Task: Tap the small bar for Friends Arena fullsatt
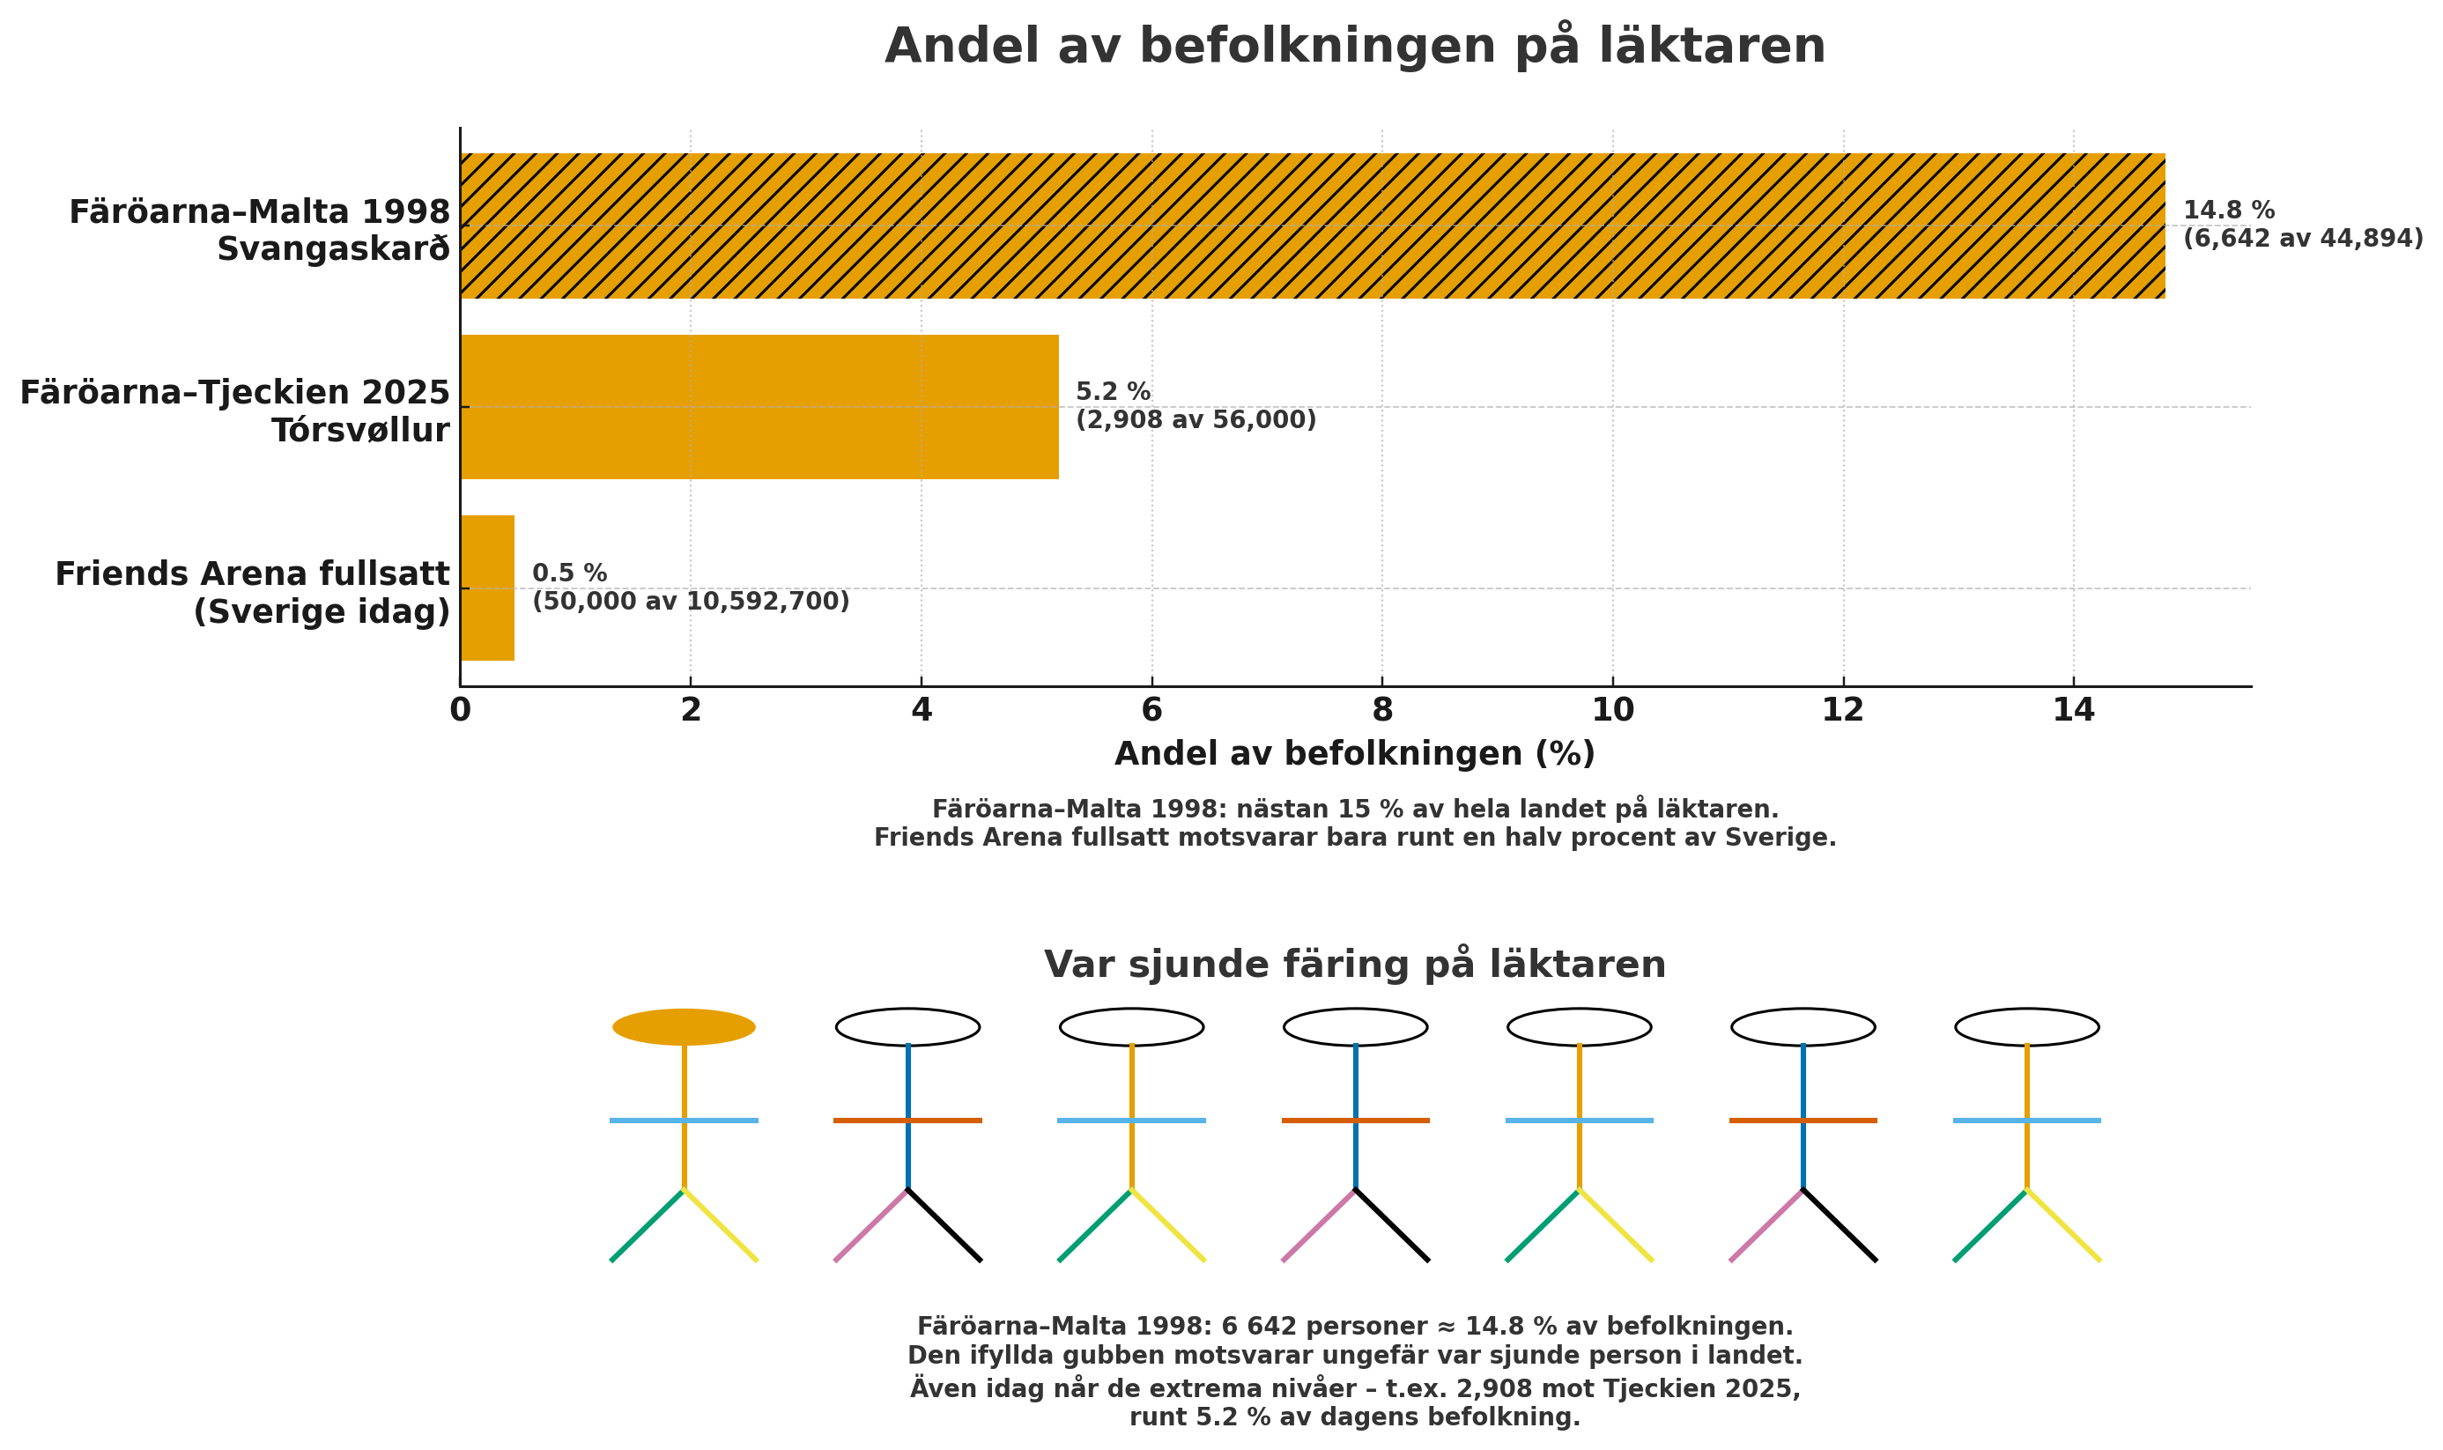(486, 588)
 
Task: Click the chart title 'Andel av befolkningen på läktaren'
(1354, 46)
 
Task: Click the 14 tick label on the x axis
(2074, 710)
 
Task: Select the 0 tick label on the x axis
(459, 710)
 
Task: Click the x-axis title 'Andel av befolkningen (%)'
(1354, 753)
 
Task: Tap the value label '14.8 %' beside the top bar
(2229, 210)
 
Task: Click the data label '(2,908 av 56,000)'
(1196, 420)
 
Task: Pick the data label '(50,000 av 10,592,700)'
(690, 602)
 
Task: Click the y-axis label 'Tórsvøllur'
(360, 430)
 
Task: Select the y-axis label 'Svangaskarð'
(333, 249)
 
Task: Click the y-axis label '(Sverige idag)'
(322, 611)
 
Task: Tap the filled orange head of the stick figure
(684, 1027)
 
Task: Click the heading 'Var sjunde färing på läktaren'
(1354, 965)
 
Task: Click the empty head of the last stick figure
(2026, 1027)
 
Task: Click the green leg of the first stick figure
(647, 1225)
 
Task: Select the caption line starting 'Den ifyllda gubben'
(1354, 1357)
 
